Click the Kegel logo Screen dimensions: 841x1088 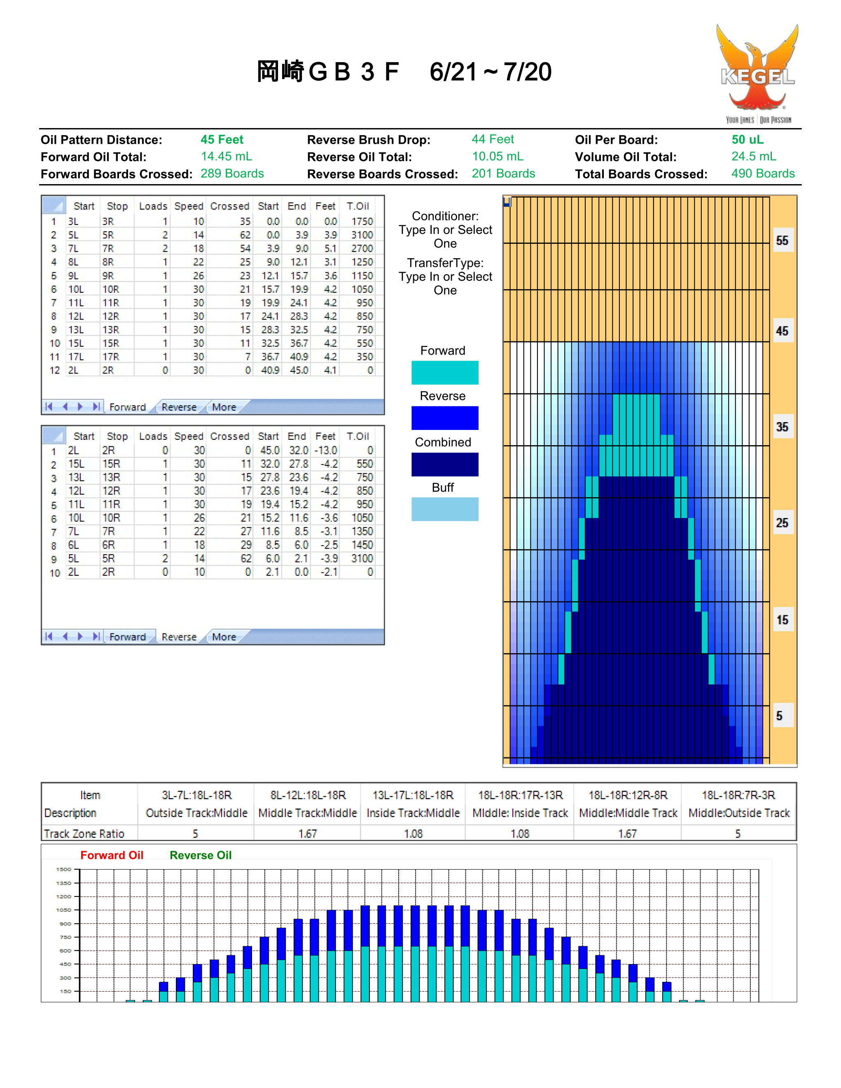click(x=757, y=74)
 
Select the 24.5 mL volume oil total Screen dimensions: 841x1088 click(x=753, y=156)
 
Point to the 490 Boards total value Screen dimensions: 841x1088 click(x=763, y=173)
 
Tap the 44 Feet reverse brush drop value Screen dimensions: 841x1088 click(x=493, y=140)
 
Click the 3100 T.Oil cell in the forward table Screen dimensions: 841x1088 click(x=362, y=235)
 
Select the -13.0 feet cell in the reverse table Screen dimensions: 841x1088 click(x=326, y=451)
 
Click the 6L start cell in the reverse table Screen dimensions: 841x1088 click(x=74, y=545)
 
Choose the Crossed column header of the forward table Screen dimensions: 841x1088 click(x=230, y=206)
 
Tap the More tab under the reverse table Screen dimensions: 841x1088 click(x=224, y=637)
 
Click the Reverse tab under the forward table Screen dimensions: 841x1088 click(x=179, y=407)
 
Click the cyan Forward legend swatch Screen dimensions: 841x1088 click(x=445, y=373)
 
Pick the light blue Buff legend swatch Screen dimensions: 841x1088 click(x=445, y=509)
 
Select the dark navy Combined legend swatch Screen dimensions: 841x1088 click(x=445, y=464)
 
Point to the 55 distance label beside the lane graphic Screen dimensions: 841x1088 click(x=782, y=240)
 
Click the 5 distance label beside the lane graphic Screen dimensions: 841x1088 click(x=779, y=716)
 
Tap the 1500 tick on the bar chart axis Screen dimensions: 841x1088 click(x=64, y=869)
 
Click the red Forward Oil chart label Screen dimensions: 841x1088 click(x=112, y=855)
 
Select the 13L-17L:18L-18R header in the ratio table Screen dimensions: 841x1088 click(x=413, y=795)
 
